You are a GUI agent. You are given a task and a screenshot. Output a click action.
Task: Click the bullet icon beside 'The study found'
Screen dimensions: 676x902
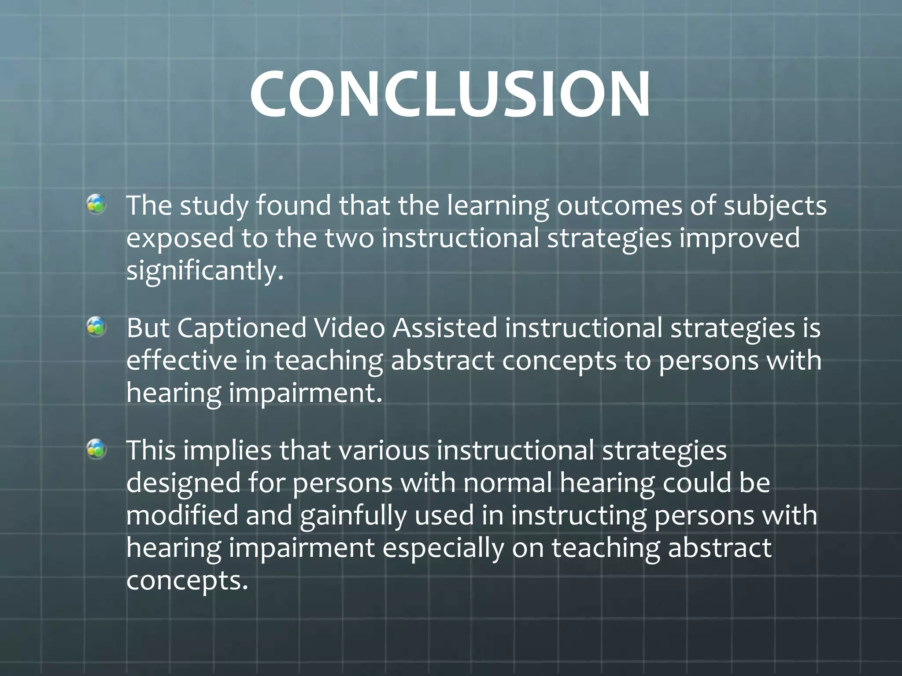96,205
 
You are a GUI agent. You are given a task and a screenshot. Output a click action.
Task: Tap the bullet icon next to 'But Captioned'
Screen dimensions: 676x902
96,327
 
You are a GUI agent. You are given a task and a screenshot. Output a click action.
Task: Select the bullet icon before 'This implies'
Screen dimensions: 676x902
96,449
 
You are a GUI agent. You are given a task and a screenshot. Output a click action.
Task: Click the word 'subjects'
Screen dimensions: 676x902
775,206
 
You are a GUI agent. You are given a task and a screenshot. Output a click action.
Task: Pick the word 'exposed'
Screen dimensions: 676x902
180,238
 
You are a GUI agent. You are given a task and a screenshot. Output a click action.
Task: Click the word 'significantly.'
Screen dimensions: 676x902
205,271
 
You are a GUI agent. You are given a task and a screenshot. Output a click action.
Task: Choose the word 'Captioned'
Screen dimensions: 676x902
241,328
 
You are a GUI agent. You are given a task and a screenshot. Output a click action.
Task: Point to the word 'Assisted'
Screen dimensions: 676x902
445,328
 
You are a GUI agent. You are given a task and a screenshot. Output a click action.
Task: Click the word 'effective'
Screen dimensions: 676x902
181,360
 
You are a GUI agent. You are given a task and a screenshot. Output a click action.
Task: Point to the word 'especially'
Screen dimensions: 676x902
443,548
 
